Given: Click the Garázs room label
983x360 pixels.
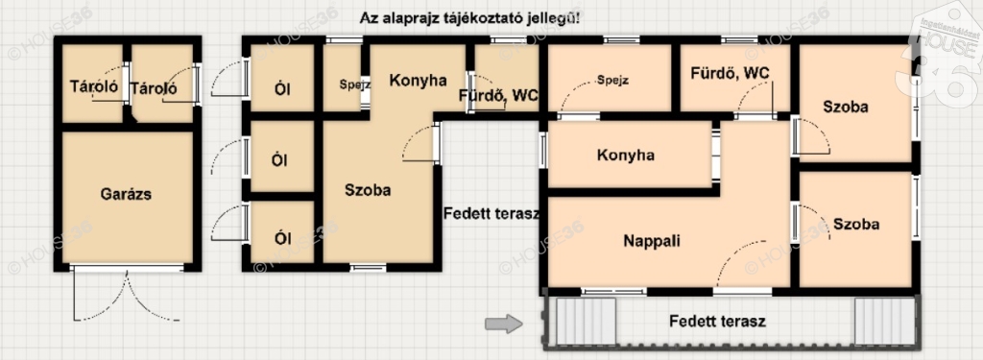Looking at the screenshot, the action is [x=126, y=194].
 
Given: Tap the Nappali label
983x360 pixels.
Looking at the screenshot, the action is [x=652, y=241].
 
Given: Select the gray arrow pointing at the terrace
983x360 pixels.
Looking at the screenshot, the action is [x=503, y=324].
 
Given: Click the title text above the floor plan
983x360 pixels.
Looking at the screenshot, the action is [x=469, y=17].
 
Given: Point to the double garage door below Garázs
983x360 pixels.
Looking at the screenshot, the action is [x=128, y=295].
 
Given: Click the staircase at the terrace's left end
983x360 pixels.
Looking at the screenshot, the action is [x=586, y=320].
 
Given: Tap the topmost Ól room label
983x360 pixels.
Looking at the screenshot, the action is [x=282, y=89].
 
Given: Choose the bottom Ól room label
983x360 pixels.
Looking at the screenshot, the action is [x=282, y=238].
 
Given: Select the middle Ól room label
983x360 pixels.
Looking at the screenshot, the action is [x=279, y=160].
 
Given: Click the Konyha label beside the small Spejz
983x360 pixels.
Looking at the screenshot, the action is [x=419, y=81].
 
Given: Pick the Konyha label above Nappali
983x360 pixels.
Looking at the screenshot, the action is [x=626, y=155].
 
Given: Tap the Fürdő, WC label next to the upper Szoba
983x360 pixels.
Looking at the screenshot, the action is [x=730, y=73].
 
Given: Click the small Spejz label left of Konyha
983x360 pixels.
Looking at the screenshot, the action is [x=355, y=84].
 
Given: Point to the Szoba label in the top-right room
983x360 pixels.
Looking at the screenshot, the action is [x=846, y=108].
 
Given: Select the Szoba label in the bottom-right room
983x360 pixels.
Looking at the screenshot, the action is [x=856, y=224].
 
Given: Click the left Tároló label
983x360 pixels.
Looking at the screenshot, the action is [x=94, y=87].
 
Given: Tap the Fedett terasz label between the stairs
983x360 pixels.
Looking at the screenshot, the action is [x=717, y=322].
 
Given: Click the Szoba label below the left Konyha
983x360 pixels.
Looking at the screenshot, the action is [x=368, y=190].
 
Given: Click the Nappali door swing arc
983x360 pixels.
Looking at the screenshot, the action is [x=731, y=254].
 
